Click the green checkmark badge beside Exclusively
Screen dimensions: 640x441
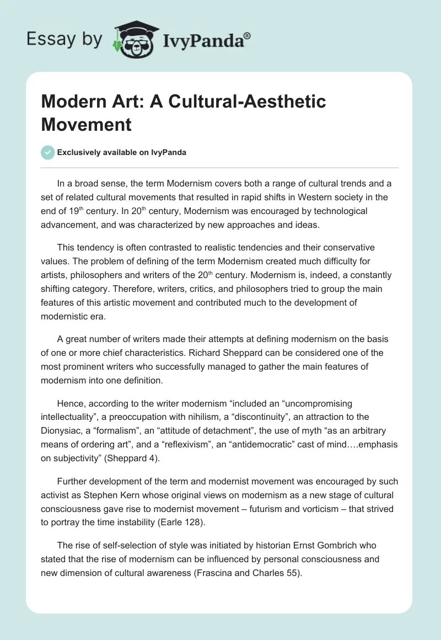(48, 152)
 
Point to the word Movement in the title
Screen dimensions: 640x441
(86, 124)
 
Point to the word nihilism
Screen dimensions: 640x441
(204, 418)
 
